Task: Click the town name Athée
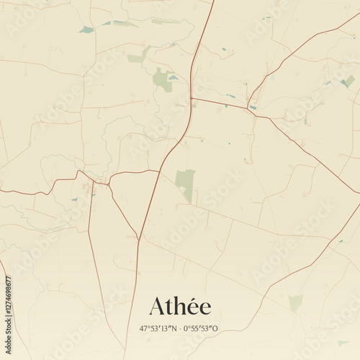pos(180,307)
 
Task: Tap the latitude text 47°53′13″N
pos(158,328)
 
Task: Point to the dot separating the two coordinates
pos(180,328)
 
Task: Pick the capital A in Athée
pos(156,307)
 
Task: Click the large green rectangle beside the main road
pos(185,183)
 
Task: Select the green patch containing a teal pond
pos(163,78)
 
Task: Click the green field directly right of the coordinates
pos(295,303)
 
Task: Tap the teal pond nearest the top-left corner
pos(86,30)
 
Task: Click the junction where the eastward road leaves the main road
pos(192,98)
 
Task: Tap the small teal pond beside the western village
pos(74,199)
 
